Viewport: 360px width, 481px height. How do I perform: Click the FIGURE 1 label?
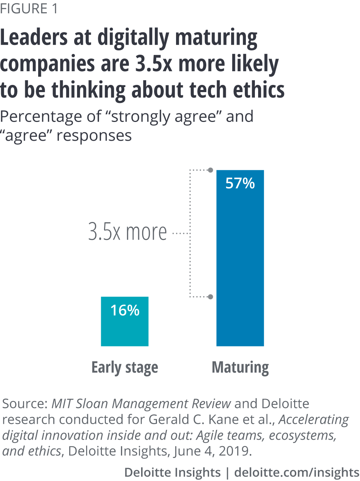pyautogui.click(x=29, y=9)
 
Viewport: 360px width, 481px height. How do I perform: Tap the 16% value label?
pyautogui.click(x=125, y=310)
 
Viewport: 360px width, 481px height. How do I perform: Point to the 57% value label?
pyautogui.click(x=240, y=183)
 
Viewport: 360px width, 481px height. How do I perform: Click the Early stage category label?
pyautogui.click(x=125, y=368)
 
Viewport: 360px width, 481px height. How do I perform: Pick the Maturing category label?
pyautogui.click(x=240, y=368)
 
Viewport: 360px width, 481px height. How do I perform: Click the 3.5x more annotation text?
pyautogui.click(x=128, y=232)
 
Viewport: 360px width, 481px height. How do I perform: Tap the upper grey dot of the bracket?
pyautogui.click(x=211, y=170)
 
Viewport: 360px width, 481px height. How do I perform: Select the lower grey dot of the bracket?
pyautogui.click(x=211, y=297)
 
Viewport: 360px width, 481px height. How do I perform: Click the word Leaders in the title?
pyautogui.click(x=34, y=38)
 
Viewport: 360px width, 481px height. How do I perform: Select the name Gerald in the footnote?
pyautogui.click(x=170, y=419)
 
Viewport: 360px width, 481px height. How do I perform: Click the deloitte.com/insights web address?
pyautogui.click(x=297, y=472)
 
